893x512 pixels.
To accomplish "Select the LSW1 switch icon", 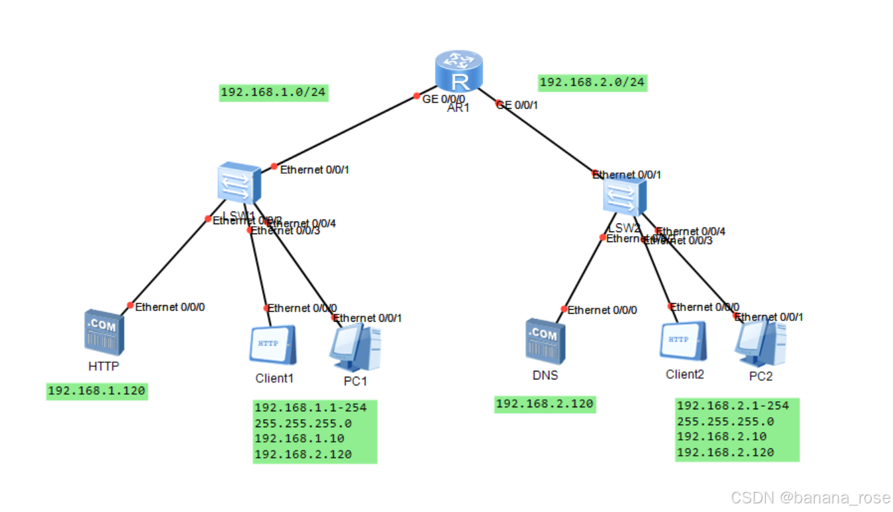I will tap(238, 183).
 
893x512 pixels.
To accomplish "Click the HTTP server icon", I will tap(104, 330).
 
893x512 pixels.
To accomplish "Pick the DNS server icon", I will tap(545, 341).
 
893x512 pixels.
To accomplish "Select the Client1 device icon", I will tap(272, 346).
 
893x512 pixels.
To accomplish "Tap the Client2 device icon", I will tap(683, 342).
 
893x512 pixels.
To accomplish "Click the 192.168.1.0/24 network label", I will tap(273, 92).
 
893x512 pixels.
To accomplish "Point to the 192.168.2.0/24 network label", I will tap(592, 82).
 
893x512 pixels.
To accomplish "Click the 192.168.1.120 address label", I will tap(97, 391).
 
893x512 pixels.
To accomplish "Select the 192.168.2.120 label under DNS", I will tap(545, 403).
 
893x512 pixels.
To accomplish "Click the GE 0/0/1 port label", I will tap(517, 105).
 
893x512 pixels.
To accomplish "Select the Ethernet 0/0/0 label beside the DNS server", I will tap(602, 310).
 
